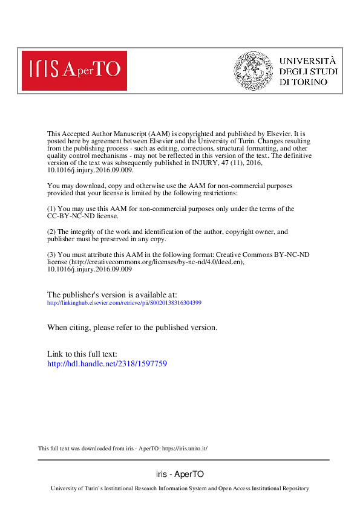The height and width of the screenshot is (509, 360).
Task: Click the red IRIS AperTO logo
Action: coord(74,70)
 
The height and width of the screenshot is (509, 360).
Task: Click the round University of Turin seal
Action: coord(254,70)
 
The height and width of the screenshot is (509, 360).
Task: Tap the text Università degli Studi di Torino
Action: coord(308,71)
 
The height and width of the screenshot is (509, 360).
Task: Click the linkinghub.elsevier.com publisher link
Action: coord(124,302)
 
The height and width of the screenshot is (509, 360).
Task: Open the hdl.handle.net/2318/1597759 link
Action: coord(106,364)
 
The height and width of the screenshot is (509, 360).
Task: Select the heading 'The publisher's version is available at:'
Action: coord(112,294)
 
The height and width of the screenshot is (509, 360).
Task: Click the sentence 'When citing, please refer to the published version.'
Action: coord(132,327)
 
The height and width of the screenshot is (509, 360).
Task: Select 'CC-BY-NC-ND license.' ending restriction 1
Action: coord(83,216)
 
